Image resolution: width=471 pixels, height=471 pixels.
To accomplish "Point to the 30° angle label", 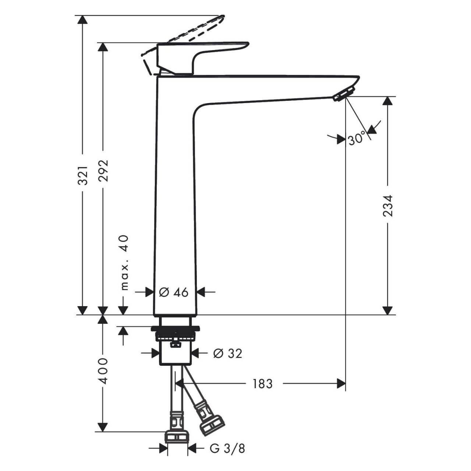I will [x=357, y=139].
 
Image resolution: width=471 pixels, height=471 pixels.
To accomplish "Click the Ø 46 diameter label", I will [x=174, y=292].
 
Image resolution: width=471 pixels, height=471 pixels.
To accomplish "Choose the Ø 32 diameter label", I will [x=228, y=353].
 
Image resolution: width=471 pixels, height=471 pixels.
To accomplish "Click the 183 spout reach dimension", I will [x=262, y=384].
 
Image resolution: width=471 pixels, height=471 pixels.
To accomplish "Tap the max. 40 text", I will [x=125, y=262].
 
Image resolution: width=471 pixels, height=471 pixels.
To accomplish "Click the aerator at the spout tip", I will [x=344, y=93].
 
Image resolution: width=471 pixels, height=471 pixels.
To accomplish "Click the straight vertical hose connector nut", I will [x=177, y=436].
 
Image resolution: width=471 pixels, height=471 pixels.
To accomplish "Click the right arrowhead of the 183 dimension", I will [x=341, y=384].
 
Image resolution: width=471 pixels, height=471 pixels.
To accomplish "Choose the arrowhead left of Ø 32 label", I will [x=155, y=353].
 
